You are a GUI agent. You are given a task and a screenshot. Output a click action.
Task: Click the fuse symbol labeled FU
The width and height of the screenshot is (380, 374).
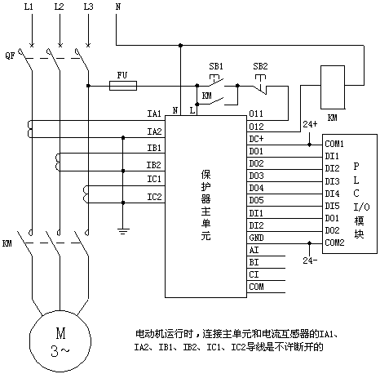click(123, 86)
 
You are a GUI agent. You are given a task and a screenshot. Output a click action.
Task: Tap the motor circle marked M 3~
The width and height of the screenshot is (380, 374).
click(60, 341)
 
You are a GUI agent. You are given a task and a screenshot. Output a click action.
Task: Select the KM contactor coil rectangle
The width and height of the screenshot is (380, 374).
click(333, 87)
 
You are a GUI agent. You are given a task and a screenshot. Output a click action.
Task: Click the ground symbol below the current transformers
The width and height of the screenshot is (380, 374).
click(123, 231)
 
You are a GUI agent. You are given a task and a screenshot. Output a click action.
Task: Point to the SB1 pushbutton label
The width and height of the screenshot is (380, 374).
click(216, 66)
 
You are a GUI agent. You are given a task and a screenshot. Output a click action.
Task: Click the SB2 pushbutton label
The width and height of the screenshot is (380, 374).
click(260, 66)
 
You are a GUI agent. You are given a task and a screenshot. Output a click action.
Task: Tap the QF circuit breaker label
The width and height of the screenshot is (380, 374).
click(11, 56)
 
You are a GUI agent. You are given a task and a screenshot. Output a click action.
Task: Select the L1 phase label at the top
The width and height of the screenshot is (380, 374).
click(29, 7)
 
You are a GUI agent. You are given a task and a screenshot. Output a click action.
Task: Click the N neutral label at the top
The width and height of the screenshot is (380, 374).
click(118, 7)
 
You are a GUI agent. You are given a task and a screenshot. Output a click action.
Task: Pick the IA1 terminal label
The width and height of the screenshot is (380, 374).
click(154, 114)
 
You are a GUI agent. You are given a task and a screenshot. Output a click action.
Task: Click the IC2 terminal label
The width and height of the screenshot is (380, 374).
click(154, 197)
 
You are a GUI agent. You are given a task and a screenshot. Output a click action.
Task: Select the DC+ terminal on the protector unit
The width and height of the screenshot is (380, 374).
click(256, 139)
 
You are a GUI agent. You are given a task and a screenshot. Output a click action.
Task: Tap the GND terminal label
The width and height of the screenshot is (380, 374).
click(256, 238)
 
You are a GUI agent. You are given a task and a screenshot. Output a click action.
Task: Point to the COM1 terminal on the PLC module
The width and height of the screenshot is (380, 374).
click(334, 144)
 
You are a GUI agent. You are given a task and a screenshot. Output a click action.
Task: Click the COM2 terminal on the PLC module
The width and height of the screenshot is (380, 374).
click(334, 243)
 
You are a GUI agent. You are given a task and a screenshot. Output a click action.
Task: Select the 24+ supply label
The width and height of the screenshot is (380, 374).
click(310, 124)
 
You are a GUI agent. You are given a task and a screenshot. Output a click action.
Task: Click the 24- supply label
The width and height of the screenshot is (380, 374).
click(310, 260)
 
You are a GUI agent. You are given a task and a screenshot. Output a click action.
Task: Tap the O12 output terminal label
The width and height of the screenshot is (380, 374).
click(256, 127)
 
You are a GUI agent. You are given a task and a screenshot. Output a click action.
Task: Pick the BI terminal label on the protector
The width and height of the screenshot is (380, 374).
click(254, 262)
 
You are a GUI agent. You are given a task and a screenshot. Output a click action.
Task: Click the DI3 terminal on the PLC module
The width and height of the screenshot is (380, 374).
click(332, 181)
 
